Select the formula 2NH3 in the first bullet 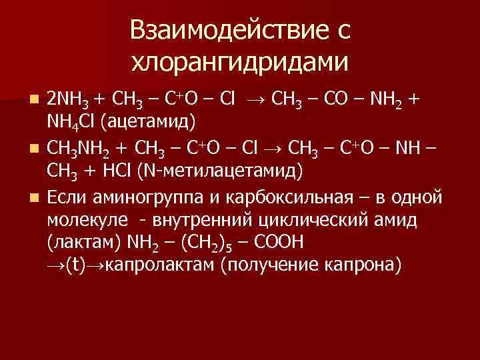click(69, 100)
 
